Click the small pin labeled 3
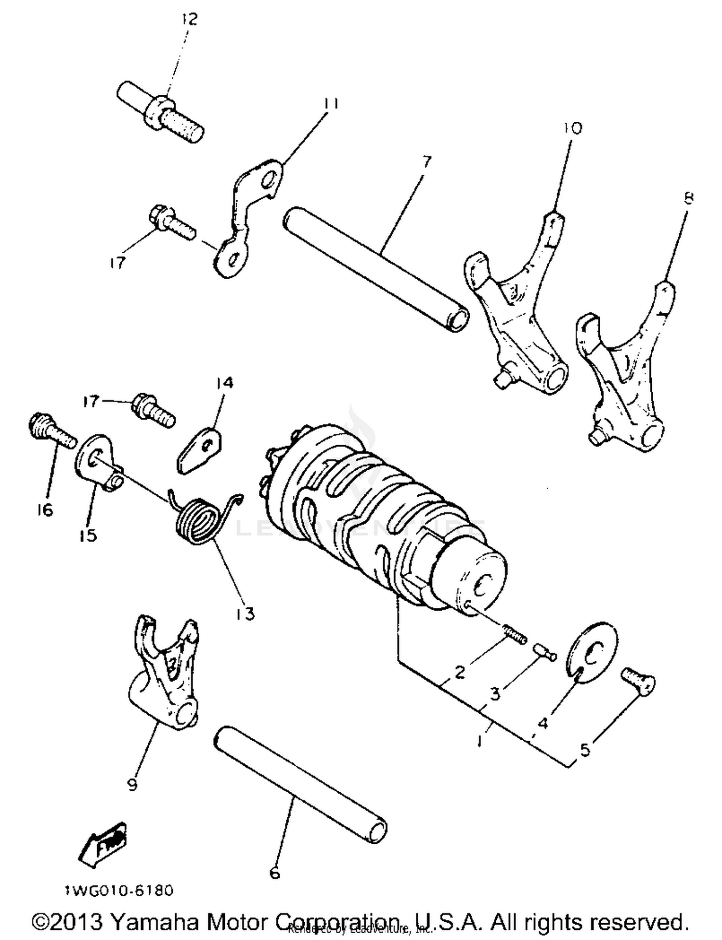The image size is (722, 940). (x=544, y=652)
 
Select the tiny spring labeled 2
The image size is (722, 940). (x=515, y=634)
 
